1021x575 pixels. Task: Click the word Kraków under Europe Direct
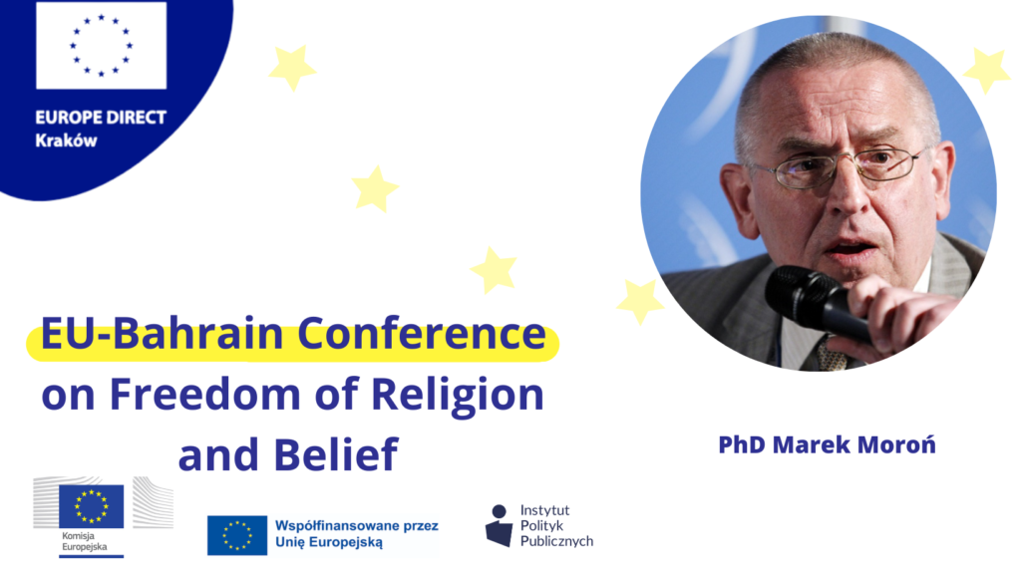[x=66, y=141]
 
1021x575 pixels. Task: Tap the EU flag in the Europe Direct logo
[x=101, y=46]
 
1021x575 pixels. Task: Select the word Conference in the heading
[x=422, y=333]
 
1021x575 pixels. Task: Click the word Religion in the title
[x=457, y=396]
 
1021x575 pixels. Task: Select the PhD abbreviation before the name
[x=741, y=444]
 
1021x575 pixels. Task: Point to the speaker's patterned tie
[x=832, y=355]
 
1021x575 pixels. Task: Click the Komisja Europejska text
[x=85, y=541]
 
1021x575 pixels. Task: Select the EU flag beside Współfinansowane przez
[x=237, y=535]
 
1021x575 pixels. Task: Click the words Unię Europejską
[x=329, y=542]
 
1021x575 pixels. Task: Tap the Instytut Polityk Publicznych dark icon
[x=499, y=525]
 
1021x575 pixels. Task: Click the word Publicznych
[x=556, y=541]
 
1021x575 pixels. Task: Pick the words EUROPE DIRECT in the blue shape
[x=101, y=118]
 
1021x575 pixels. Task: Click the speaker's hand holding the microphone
[x=895, y=312]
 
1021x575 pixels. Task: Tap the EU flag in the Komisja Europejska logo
[x=91, y=506]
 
